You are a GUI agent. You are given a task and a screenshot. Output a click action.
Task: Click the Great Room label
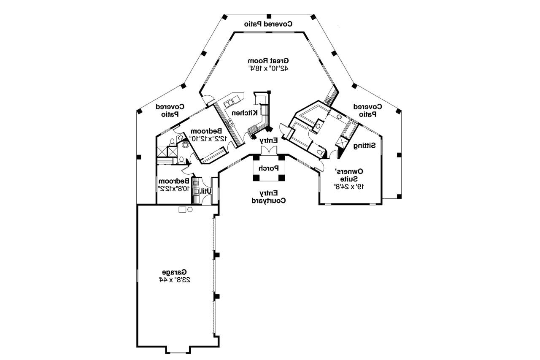tap(268, 61)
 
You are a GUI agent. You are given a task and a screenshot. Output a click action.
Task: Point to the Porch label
tap(268, 168)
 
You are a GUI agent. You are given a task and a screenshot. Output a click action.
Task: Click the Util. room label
tap(205, 191)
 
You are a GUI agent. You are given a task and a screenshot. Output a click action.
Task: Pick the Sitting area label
tap(365, 146)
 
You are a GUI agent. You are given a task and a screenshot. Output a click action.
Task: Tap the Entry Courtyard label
tap(268, 197)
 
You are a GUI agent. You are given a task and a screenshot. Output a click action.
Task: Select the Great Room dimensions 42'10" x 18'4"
tap(268, 68)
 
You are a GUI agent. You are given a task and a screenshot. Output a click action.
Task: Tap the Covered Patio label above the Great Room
tap(268, 24)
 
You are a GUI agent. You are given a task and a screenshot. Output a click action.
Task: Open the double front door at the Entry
tap(268, 151)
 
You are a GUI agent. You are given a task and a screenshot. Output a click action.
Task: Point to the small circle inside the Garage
tap(190, 209)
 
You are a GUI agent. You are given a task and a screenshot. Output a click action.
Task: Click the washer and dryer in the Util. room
tap(196, 191)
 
